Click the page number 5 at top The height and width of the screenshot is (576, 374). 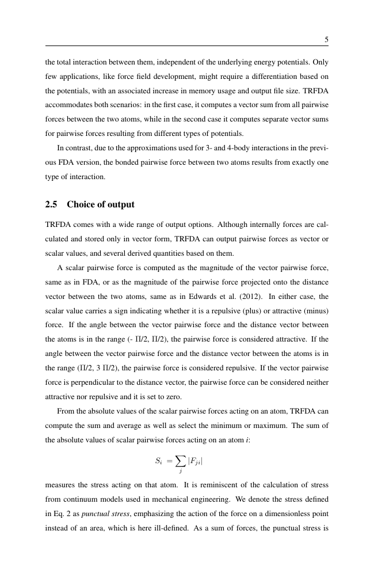click(x=326, y=40)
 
